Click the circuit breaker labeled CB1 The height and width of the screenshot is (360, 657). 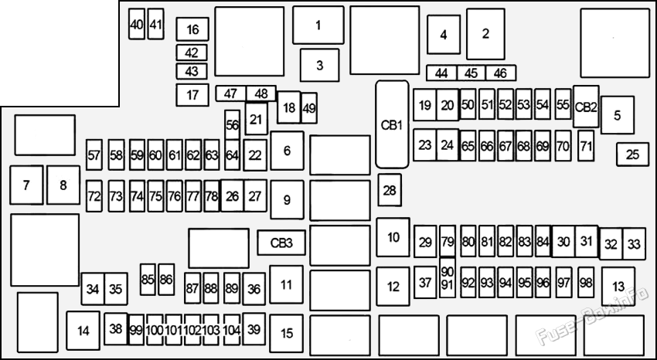point(392,124)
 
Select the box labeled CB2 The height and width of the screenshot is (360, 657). point(586,107)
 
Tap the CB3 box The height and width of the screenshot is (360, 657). point(281,243)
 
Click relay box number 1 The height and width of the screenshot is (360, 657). point(318,25)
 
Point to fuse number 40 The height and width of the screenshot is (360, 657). point(137,24)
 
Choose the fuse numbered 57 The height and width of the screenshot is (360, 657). point(94,155)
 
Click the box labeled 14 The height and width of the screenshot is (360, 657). point(83,331)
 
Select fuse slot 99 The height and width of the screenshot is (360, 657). point(136,330)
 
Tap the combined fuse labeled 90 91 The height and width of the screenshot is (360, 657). point(448,278)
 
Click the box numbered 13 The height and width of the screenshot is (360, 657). point(618,287)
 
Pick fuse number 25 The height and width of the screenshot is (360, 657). point(633,155)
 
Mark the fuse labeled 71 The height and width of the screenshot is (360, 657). point(586,146)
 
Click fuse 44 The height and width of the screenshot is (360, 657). point(441,73)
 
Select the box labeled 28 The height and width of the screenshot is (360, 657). point(390,191)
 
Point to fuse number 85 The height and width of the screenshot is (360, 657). point(148,279)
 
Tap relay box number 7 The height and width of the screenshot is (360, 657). point(26,185)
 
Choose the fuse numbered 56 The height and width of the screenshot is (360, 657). point(232,124)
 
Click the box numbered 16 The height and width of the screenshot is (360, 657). point(192,29)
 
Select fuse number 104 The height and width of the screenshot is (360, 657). point(232,330)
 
